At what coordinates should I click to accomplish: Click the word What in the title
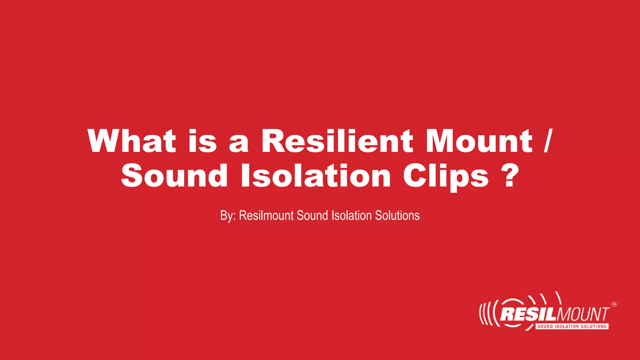point(132,141)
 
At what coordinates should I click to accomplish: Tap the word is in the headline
point(202,141)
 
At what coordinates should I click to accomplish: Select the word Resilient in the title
point(337,141)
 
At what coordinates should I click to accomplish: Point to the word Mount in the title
point(479,141)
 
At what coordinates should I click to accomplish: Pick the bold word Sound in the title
point(174,176)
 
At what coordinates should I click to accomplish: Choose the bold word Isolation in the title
point(316,176)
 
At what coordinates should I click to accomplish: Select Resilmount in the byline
point(266,216)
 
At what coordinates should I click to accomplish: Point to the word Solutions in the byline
point(397,216)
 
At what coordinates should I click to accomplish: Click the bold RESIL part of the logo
point(528,314)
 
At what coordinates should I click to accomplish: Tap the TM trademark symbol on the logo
point(614,304)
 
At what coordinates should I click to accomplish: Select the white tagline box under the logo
point(572,326)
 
